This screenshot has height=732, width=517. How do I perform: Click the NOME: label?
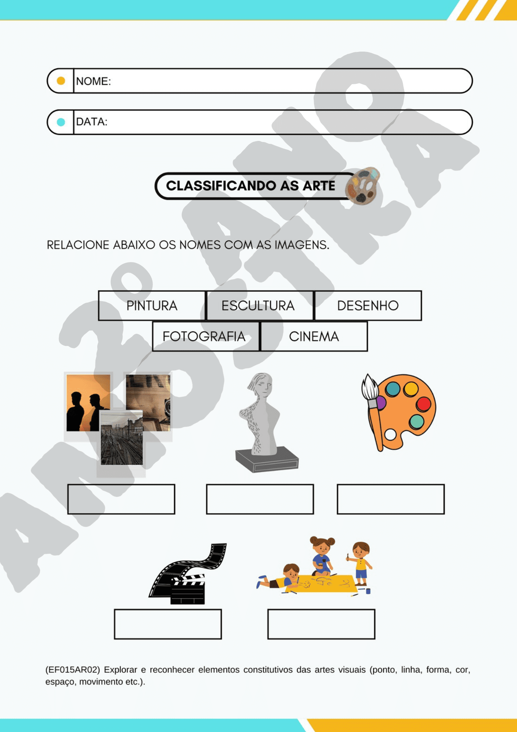[x=93, y=81]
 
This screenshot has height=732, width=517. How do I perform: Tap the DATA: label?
[x=91, y=122]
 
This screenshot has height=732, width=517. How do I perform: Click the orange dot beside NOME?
[x=61, y=81]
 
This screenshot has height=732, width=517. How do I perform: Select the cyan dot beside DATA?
[x=61, y=122]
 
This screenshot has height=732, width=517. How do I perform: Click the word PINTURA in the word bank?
[x=152, y=306]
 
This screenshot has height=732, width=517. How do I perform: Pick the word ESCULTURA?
[x=258, y=306]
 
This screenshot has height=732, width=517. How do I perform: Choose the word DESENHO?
[x=368, y=306]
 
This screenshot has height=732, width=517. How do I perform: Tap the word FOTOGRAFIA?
[x=204, y=336]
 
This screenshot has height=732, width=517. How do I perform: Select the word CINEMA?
[x=314, y=336]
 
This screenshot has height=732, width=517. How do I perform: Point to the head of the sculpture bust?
[x=260, y=385]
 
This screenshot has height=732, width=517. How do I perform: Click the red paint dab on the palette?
[x=423, y=404]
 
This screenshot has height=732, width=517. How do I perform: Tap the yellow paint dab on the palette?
[x=411, y=389]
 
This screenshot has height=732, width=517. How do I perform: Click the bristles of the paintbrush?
[x=370, y=387]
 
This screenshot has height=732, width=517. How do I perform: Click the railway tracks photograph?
[x=122, y=438]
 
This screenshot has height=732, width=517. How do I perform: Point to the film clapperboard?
[x=188, y=589]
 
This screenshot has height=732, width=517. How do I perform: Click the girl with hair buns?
[x=322, y=556]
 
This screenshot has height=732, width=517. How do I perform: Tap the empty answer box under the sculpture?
[x=260, y=499]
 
